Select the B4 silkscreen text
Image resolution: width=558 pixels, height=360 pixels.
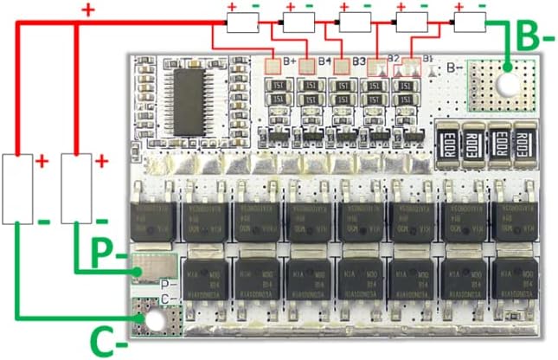(x=324, y=61)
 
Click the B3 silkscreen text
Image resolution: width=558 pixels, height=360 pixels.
(x=358, y=61)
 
